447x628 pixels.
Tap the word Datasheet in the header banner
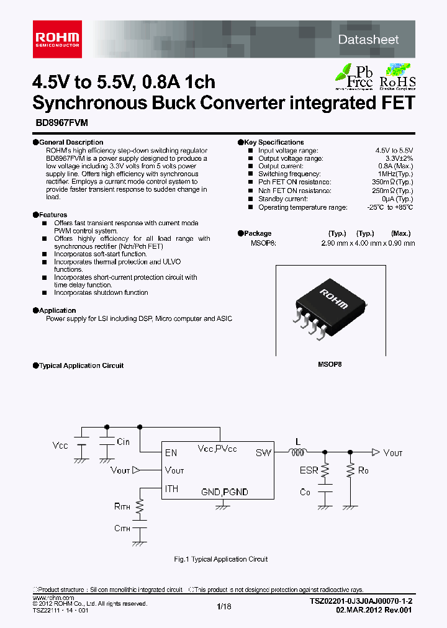click(x=368, y=39)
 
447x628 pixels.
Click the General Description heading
click(x=71, y=142)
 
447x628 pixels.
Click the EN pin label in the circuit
click(x=171, y=453)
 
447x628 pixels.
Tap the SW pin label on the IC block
click(x=263, y=453)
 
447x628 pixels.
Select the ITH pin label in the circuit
click(x=172, y=489)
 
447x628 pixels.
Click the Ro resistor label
click(x=363, y=471)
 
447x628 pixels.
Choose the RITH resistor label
click(x=122, y=506)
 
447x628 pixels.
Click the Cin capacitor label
click(x=123, y=441)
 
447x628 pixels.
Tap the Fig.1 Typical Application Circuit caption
click(x=221, y=559)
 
